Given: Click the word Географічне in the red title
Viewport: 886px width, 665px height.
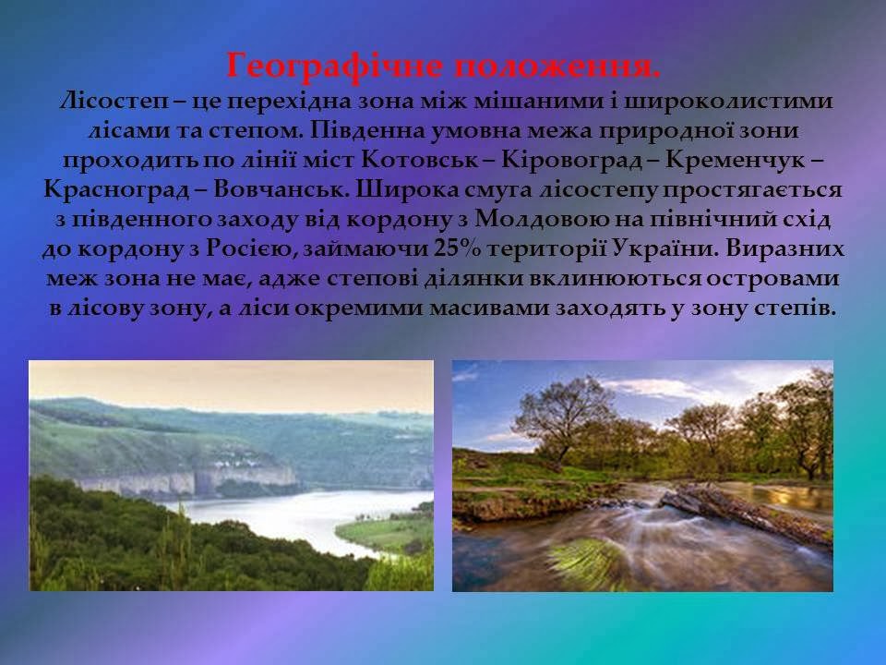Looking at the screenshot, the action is point(334,66).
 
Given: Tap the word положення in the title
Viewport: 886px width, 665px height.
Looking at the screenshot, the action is point(552,66).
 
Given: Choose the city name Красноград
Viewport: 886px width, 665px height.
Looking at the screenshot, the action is point(116,189).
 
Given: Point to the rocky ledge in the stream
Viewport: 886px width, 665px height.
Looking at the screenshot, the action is point(743,512).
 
